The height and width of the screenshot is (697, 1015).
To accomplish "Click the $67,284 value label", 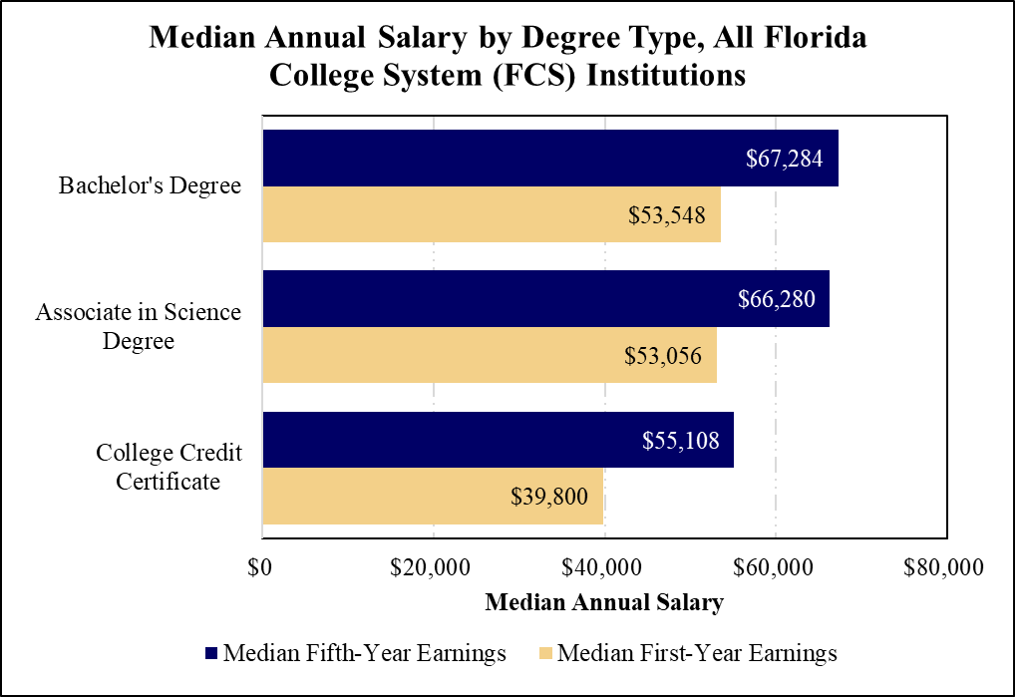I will click(785, 159).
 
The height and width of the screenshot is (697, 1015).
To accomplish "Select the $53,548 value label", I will click(674, 215).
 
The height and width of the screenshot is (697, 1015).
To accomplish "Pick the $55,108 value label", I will click(680, 441).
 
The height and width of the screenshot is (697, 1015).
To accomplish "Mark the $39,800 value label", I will click(556, 497).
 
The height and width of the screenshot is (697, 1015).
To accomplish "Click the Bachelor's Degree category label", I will click(150, 186).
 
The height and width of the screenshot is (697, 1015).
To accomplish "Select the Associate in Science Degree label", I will click(138, 327).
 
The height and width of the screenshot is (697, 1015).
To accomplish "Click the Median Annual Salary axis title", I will click(603, 603).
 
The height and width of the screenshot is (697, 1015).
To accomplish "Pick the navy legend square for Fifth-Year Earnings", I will click(210, 654).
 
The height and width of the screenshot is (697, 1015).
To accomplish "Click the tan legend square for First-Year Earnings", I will click(544, 654).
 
